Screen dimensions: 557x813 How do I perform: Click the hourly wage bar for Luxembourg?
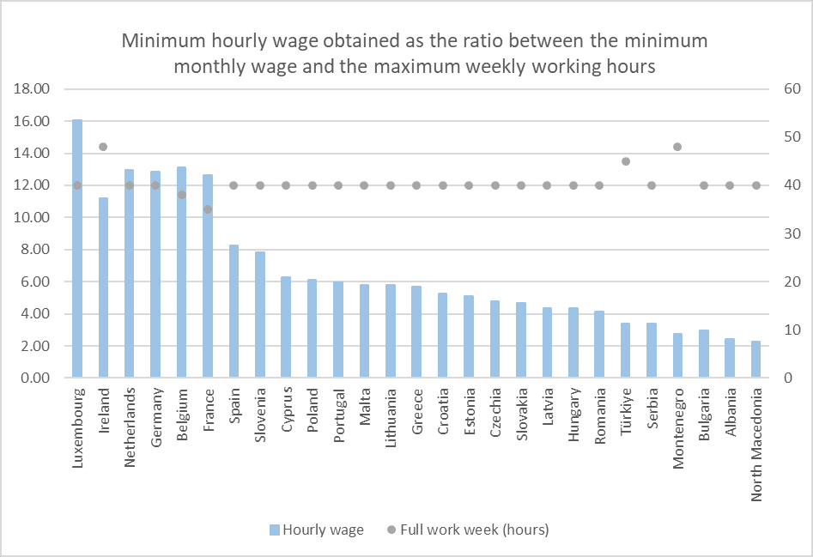tap(77, 249)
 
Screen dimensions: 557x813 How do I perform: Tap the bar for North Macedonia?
tap(755, 360)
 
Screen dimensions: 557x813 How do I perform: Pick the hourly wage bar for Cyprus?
tap(286, 327)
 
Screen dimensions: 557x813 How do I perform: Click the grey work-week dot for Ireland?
tap(103, 147)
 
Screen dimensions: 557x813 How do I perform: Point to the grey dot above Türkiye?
tap(625, 161)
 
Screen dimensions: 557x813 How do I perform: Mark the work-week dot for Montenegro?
tap(677, 147)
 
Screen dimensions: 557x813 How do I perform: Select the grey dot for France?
tap(208, 209)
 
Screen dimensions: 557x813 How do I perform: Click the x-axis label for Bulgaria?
tap(704, 415)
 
